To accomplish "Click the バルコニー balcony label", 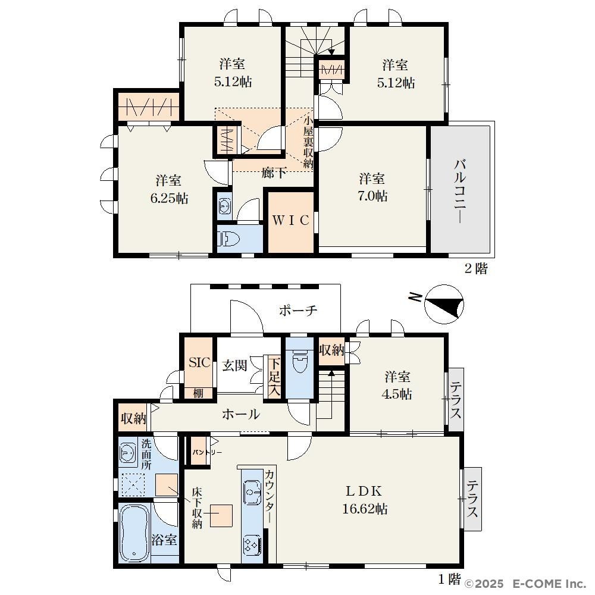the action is point(460,191).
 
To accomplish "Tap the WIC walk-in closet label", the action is point(291,220).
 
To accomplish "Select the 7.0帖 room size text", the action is point(372,196).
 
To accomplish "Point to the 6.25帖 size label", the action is point(169,198).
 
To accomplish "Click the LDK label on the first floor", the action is point(364,491).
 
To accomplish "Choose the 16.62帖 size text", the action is point(365,509).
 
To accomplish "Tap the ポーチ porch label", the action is point(298,311).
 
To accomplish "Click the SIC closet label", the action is point(199,362).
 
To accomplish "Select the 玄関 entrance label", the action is point(234,366).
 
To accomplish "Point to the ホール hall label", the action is point(240,414).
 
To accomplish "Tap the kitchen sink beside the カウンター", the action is point(252,492).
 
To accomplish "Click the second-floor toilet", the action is point(229,239).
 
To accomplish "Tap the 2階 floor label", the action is point(476,269).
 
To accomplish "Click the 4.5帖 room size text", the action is point(396,394).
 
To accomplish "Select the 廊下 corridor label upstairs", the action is point(274,173).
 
